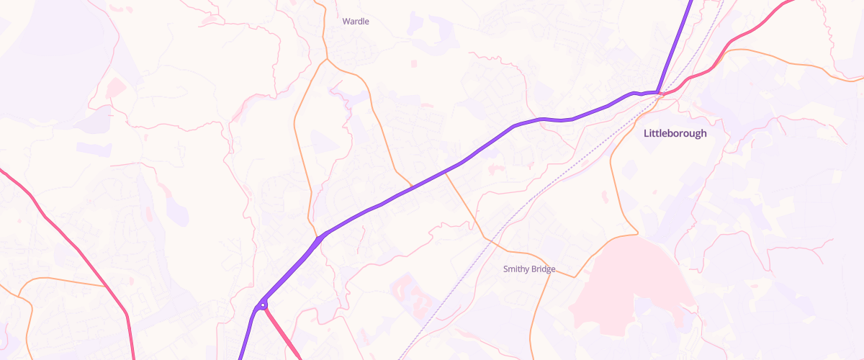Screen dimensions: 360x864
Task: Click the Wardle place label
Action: click(x=356, y=22)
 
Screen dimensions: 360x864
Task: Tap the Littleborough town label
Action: click(x=675, y=133)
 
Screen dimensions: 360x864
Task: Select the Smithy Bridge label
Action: click(x=528, y=269)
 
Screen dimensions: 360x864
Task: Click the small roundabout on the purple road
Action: click(x=264, y=305)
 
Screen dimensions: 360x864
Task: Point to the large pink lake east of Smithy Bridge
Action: click(x=634, y=288)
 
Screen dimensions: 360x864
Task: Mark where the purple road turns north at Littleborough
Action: click(x=658, y=91)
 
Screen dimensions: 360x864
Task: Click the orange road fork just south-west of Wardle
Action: click(x=326, y=60)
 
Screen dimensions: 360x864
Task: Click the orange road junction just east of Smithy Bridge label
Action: click(x=576, y=276)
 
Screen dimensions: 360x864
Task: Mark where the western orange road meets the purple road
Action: click(x=317, y=236)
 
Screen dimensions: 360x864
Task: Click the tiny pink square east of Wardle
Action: click(x=414, y=64)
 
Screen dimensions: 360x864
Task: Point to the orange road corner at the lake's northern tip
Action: click(x=637, y=233)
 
